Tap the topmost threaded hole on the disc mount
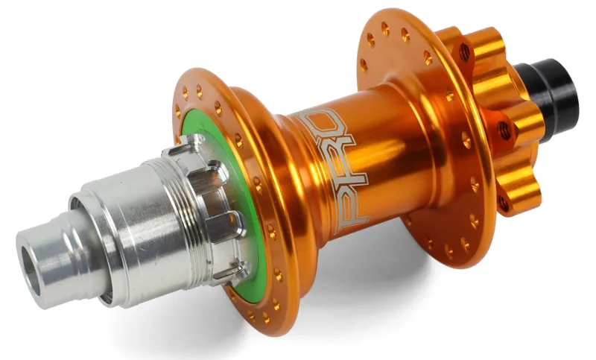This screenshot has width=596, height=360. coord(465,53)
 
